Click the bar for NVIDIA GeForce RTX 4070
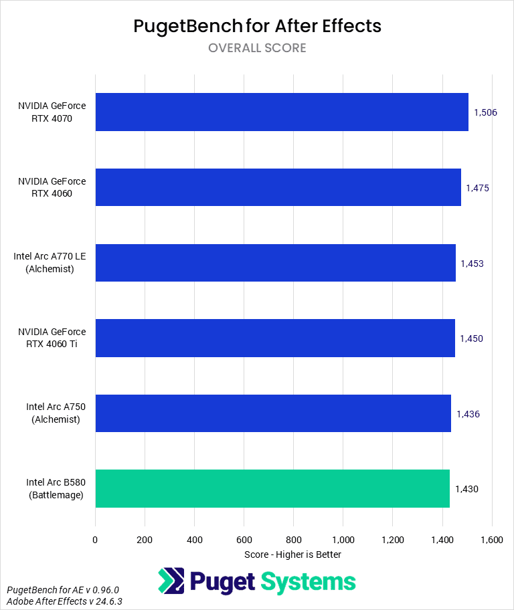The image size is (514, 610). click(281, 112)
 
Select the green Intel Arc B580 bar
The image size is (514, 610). click(272, 488)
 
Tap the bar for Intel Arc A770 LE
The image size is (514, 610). click(275, 263)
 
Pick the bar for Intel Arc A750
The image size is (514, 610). click(273, 413)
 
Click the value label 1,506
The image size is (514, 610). click(485, 112)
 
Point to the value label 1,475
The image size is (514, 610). click(477, 188)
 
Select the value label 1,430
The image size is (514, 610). click(466, 489)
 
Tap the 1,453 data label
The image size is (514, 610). click(472, 264)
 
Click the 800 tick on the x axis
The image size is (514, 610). click(293, 539)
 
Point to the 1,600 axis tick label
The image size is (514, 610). click(491, 539)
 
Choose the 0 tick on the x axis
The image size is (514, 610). click(95, 539)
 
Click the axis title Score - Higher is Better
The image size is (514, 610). click(293, 554)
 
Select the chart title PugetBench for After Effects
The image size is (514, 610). click(257, 26)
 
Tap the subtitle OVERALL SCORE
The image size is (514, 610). click(257, 48)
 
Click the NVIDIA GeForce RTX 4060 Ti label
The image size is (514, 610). click(52, 338)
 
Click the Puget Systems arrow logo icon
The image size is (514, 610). click(171, 581)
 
